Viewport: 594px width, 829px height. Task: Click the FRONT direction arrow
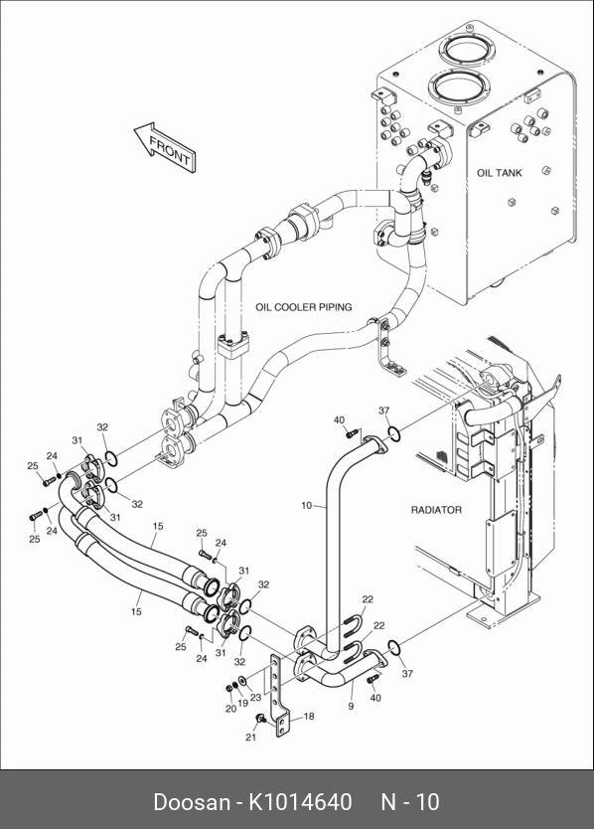[x=165, y=148]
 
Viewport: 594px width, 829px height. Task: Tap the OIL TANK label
[x=499, y=173]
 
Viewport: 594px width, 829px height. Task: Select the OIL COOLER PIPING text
[x=303, y=307]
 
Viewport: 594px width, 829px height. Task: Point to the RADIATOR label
[x=436, y=510]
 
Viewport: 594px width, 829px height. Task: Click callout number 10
[x=307, y=505]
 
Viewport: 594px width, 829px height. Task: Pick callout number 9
[x=351, y=706]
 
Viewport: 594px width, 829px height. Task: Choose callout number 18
[x=309, y=716]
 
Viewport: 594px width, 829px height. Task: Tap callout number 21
[x=250, y=737]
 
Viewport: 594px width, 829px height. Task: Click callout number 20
[x=230, y=709]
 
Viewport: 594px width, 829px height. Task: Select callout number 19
[x=242, y=703]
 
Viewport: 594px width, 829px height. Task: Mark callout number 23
[x=256, y=698]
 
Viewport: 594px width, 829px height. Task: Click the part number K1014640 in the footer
[x=300, y=801]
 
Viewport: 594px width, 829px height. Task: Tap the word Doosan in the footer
[x=192, y=802]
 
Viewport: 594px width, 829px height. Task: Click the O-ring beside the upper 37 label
[x=394, y=434]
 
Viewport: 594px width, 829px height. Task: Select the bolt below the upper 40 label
[x=352, y=434]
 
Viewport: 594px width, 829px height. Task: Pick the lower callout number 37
[x=407, y=674]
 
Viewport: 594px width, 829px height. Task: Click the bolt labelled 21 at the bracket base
[x=260, y=718]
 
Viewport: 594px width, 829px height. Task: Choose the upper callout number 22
[x=368, y=599]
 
